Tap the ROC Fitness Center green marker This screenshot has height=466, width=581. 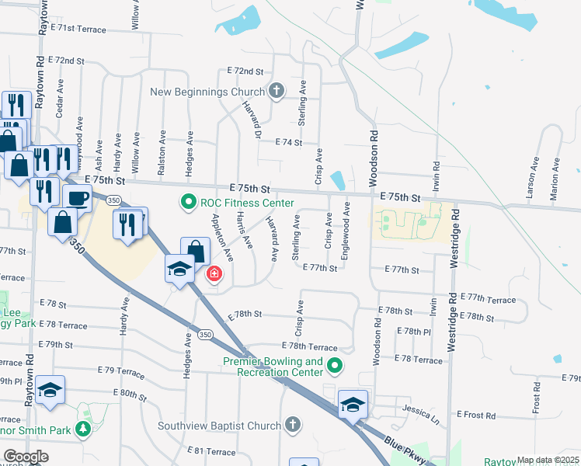188,203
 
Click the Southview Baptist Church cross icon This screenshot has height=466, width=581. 292,425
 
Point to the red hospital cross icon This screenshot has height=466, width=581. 213,274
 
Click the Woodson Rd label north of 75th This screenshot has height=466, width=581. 374,151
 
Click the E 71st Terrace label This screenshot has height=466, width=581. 78,28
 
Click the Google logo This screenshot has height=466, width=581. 26,457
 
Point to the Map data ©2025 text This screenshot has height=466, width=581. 548,460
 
